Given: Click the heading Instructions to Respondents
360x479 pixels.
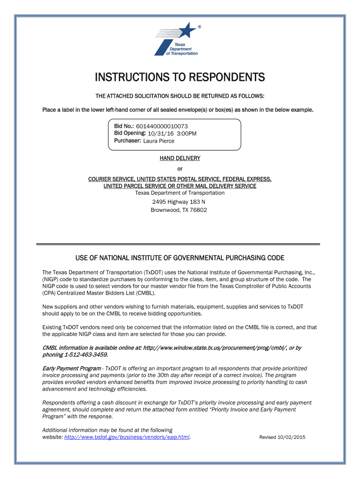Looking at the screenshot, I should coord(180,77).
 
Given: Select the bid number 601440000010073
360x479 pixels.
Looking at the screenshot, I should coord(162,126).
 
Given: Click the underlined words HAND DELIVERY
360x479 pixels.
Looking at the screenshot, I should coord(180,158).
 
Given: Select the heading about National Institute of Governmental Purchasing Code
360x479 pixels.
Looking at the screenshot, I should coord(180,258).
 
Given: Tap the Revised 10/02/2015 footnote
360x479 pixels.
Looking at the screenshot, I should coord(282,437).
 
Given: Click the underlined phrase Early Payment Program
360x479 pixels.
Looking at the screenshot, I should coord(72,368).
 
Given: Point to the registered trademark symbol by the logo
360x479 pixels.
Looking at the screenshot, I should coord(200,27).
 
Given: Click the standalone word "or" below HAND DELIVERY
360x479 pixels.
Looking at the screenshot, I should coord(180,169).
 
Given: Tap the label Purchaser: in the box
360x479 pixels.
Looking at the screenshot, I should coord(127,140).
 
